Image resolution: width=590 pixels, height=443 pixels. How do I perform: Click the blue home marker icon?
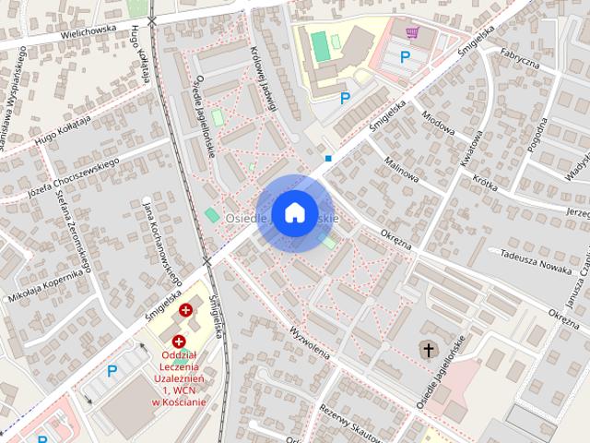(294, 212)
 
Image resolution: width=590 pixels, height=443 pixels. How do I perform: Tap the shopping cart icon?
(412, 33)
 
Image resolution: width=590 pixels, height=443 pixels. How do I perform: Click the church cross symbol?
(427, 349)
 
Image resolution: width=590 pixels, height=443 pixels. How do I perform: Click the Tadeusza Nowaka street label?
(530, 254)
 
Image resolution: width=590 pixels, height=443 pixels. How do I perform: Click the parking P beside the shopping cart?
(404, 56)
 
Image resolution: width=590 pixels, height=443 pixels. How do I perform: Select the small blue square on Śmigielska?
(328, 159)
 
